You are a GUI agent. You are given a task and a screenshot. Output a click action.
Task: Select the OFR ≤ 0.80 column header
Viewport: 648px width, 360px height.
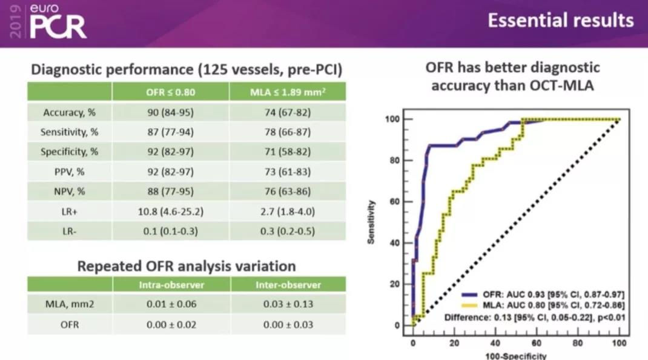[170, 92]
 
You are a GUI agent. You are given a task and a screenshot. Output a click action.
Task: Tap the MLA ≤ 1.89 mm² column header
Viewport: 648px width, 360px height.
[288, 92]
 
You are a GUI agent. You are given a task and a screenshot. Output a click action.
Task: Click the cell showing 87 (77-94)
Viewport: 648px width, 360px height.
[170, 132]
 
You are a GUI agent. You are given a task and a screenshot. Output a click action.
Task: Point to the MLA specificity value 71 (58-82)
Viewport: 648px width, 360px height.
[288, 152]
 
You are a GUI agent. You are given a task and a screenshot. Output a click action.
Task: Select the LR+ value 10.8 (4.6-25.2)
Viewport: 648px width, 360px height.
[170, 212]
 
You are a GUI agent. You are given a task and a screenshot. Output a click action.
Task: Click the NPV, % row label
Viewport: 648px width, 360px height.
[69, 192]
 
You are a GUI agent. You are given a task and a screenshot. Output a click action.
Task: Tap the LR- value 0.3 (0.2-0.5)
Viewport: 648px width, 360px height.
[288, 231]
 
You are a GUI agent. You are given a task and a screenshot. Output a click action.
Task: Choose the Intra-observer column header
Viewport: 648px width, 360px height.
[170, 284]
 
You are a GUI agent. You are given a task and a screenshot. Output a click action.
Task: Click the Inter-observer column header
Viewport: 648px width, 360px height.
[288, 284]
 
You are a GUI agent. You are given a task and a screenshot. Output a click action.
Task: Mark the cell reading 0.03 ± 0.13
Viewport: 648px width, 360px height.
[288, 304]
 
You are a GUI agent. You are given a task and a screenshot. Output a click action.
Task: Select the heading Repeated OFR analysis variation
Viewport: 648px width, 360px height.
[187, 265]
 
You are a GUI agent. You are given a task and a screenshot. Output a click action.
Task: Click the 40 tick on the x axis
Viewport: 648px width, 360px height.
[495, 342]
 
